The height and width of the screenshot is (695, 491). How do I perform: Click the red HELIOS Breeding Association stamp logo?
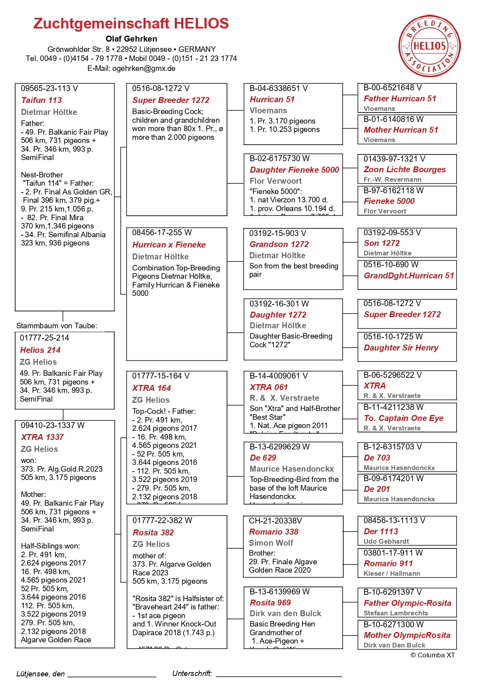429,46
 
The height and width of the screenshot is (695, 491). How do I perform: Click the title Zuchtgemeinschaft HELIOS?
131,23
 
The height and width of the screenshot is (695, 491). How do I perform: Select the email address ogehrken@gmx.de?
144,68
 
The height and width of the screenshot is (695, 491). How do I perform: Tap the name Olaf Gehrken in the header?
131,39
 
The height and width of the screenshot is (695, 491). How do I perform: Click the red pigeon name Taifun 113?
42,100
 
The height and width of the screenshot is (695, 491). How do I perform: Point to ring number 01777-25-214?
44,338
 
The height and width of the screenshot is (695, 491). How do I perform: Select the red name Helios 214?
40,350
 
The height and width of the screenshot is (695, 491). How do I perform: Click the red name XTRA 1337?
42,437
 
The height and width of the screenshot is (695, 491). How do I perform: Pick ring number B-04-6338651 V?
279,88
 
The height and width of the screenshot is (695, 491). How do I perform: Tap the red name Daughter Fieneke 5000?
294,170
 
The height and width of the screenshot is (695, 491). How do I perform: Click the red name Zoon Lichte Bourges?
404,169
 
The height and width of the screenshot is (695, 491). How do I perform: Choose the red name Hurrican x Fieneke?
169,245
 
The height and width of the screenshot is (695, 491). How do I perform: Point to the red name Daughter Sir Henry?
401,348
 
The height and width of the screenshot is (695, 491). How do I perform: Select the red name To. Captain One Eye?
404,418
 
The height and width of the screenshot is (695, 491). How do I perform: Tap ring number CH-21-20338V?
275,521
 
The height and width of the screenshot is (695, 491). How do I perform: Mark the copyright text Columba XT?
433,655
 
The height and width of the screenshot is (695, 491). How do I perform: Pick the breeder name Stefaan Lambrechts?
396,613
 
